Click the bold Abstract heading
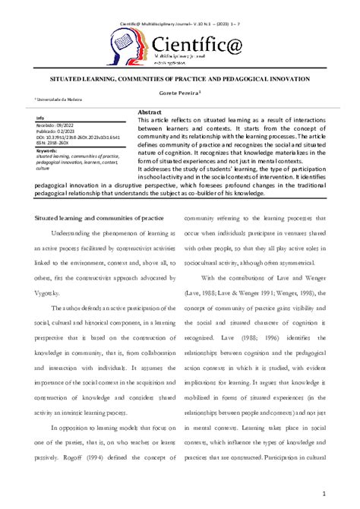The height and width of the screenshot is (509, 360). pyautogui.click(x=150, y=112)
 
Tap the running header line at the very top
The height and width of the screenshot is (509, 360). pyautogui.click(x=180, y=7)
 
